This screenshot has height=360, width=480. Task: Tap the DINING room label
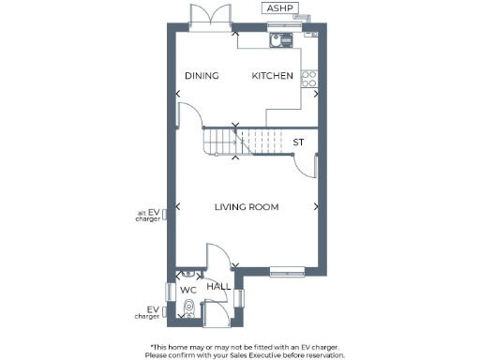(x=201, y=76)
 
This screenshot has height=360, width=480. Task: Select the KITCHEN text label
(x=272, y=76)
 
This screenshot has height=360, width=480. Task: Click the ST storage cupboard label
(x=298, y=142)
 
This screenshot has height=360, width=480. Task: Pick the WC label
(x=188, y=290)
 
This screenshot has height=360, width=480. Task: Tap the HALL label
(x=219, y=287)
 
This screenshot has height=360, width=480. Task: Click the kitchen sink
(x=279, y=40)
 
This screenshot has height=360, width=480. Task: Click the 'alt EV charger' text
(x=147, y=217)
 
